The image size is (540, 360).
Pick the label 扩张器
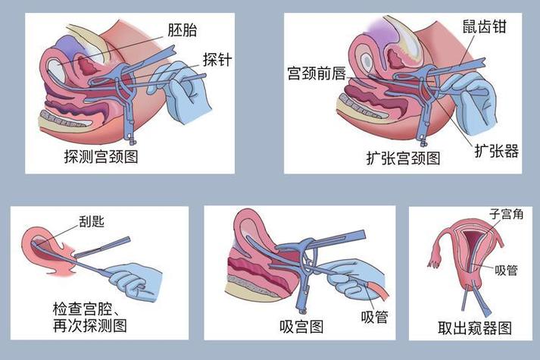click(497, 150)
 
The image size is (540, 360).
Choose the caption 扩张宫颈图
click(402, 158)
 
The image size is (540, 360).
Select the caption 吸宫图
click(301, 327)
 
